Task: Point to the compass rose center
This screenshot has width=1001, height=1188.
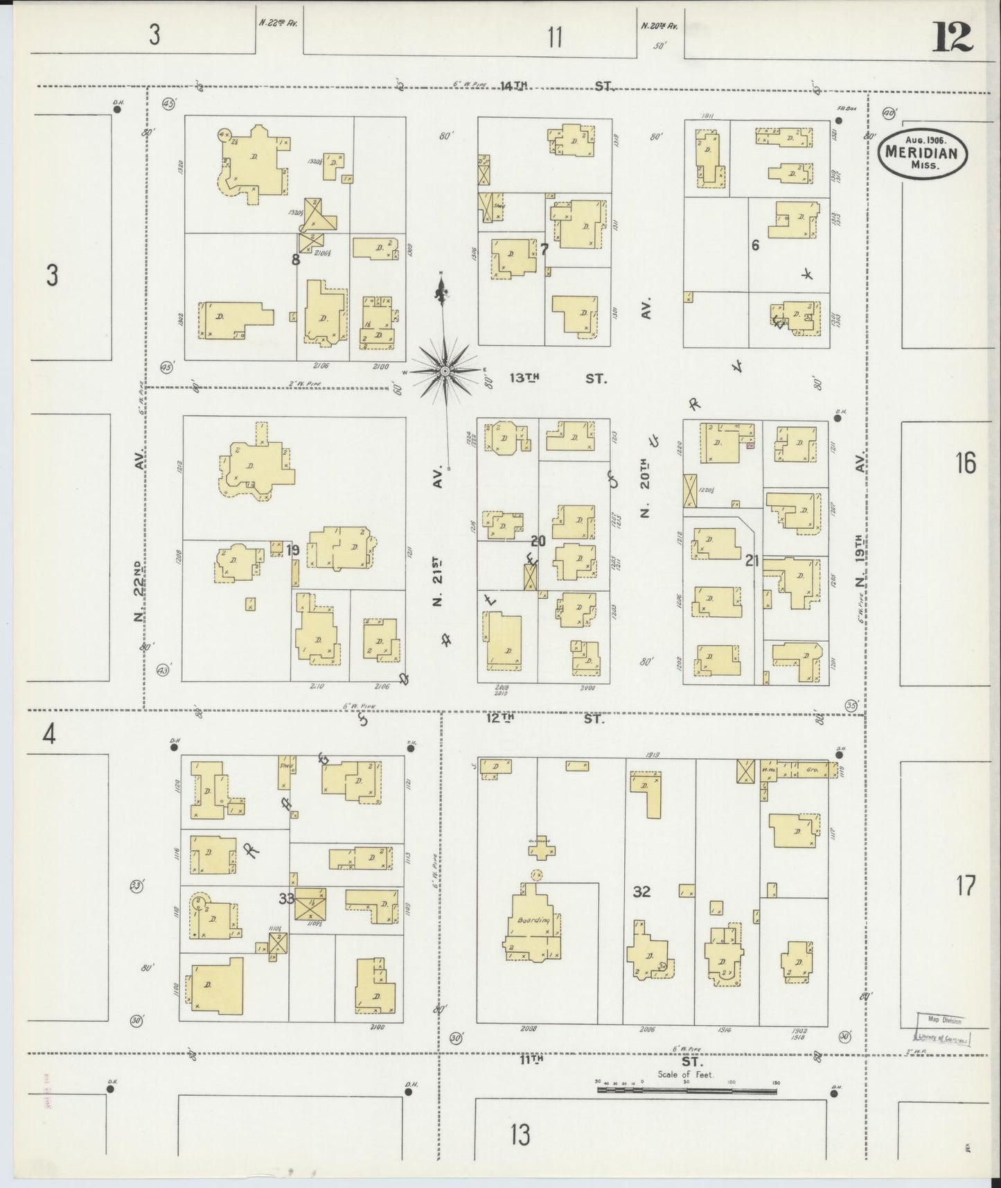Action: point(444,372)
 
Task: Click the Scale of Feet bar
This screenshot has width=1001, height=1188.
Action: point(686,1090)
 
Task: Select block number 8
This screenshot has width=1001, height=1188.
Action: point(296,260)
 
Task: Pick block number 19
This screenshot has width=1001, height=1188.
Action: point(293,550)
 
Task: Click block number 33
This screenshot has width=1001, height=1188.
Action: point(286,898)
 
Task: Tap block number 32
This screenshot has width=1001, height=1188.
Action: point(641,891)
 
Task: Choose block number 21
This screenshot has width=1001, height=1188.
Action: point(752,561)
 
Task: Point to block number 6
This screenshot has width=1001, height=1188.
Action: point(755,245)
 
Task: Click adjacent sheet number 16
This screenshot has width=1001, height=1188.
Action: point(965,462)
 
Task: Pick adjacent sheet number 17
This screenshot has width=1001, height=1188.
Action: point(966,885)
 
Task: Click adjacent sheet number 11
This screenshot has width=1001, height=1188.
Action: point(554,36)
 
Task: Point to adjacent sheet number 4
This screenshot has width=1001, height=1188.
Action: point(48,734)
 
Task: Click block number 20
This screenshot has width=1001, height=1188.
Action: point(538,541)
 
